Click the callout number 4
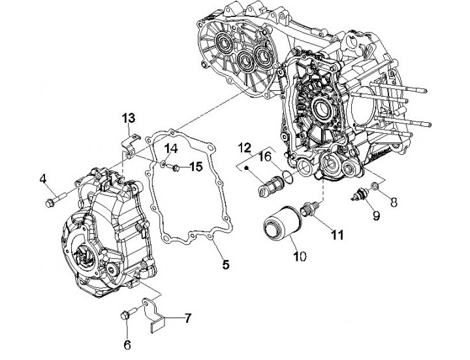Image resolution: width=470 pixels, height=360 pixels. point(43,178)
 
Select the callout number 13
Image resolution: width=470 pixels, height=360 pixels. point(128,118)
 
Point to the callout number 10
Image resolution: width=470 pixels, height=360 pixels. point(299,256)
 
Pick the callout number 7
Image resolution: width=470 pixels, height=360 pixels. point(188,319)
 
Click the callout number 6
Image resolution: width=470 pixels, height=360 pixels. point(127,344)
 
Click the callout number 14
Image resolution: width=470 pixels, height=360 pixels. point(170,146)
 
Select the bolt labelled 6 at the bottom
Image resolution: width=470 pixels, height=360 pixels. point(127,315)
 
